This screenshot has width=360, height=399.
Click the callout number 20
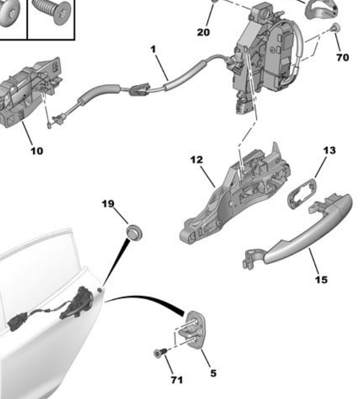point(203,32)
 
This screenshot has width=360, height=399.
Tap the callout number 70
point(343,58)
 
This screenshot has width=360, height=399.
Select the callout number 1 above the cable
point(153,49)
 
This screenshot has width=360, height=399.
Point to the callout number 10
point(37,151)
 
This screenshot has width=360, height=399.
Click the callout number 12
point(197,160)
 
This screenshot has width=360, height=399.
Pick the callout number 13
point(329,151)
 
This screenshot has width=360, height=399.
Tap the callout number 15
point(321,280)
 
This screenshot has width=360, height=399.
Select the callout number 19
point(108,204)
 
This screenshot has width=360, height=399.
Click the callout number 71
point(177,380)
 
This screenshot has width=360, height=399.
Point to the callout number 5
point(213,373)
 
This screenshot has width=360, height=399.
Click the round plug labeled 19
point(134,231)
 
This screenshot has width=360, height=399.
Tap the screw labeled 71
point(160,352)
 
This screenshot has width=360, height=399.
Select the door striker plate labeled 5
point(195,330)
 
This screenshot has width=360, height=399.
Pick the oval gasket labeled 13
point(302,193)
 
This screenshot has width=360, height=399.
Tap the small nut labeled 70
point(336,27)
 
